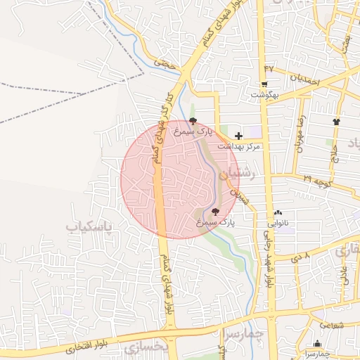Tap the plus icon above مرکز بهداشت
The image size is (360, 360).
pos(238,135)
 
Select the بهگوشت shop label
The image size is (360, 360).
pos(266,94)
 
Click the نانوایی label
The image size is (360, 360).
pos(276,224)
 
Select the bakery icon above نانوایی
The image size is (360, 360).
pos(278,212)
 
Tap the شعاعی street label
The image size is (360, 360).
pos(331,325)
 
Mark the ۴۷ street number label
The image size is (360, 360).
pos(268,68)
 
